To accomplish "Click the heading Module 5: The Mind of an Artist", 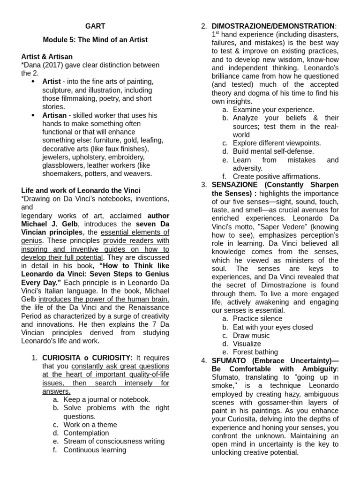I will (95, 40).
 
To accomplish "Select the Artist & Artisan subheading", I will (46, 57).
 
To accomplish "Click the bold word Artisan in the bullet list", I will (54, 115).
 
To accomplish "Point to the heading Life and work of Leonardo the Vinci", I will (81, 190).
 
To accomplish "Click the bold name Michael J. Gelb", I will (95, 219).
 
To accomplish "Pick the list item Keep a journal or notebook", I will (106, 399).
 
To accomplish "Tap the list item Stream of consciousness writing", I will (114, 441).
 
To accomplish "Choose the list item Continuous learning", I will (95, 450).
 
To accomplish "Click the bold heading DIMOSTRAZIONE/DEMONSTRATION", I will (273, 26).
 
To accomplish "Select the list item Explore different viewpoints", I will (277, 143).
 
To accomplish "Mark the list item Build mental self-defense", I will (273, 151).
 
